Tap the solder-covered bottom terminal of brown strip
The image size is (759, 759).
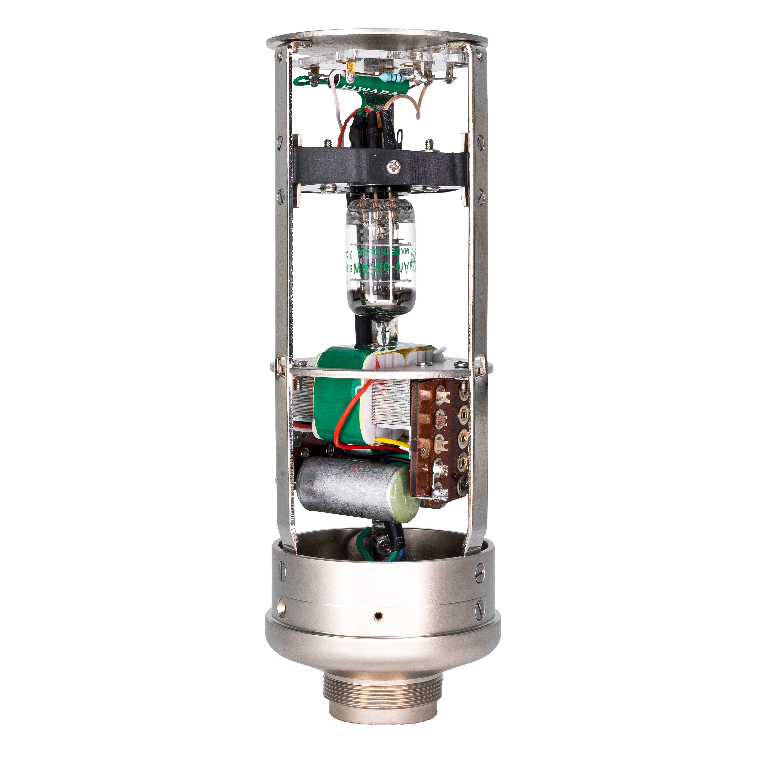tap(439, 494)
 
